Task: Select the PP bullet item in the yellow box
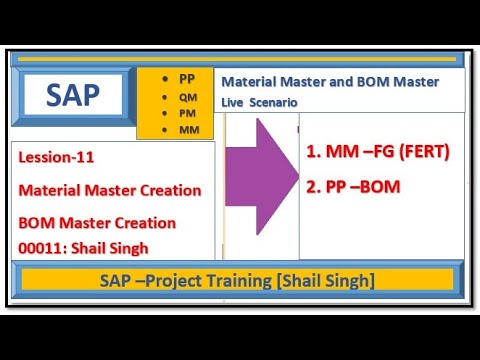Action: (187, 78)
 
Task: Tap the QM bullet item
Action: (187, 96)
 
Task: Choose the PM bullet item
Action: (187, 113)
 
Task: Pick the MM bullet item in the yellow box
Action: (187, 130)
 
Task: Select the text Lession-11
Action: (56, 157)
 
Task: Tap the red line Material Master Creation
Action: (110, 190)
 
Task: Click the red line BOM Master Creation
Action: (97, 222)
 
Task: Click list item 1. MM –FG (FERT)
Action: (377, 152)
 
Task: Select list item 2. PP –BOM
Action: (353, 186)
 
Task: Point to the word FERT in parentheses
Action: (424, 152)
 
